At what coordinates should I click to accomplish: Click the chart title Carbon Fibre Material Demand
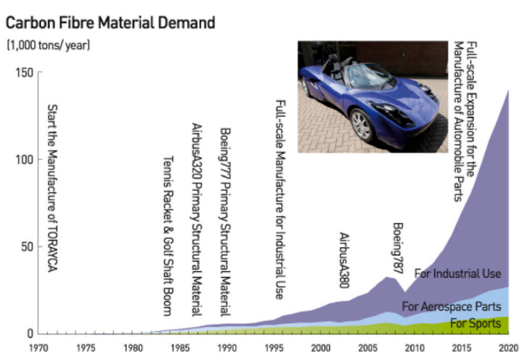click(110, 23)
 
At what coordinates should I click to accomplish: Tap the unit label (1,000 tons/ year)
click(48, 46)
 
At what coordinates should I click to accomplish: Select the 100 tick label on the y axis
click(23, 160)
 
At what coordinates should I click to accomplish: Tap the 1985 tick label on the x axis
click(180, 347)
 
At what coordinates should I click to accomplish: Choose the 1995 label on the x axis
click(274, 347)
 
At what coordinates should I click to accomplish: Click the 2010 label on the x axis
click(414, 347)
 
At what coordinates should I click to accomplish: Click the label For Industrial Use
click(458, 274)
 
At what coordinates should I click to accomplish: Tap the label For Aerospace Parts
click(451, 307)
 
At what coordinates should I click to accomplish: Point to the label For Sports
click(475, 324)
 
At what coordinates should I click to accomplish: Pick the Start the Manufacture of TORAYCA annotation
click(53, 188)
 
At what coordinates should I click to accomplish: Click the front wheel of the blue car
click(363, 125)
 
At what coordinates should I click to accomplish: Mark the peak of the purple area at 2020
click(508, 90)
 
